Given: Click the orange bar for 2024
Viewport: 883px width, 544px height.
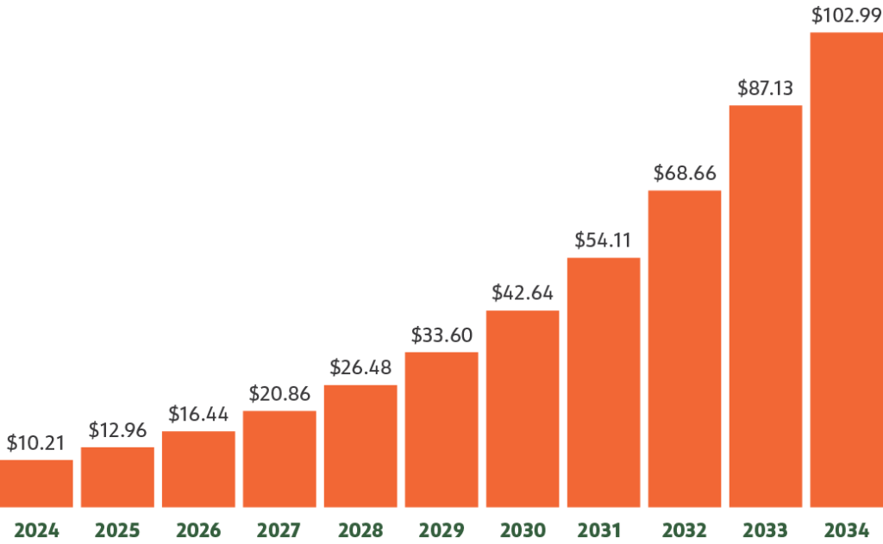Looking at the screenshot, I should (36, 484).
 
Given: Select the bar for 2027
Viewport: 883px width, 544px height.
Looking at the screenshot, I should (279, 460).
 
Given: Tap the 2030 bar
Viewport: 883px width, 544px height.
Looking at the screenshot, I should (523, 409).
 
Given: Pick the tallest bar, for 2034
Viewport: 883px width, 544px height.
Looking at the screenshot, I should (846, 270).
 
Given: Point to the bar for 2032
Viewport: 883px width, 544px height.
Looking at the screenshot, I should (685, 349).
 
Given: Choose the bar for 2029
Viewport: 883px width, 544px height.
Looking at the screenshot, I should (441, 429).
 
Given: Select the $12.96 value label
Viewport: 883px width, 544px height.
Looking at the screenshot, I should (117, 430).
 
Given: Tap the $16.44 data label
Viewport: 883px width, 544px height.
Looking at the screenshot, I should (198, 415).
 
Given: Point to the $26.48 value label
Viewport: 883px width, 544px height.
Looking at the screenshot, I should (360, 368).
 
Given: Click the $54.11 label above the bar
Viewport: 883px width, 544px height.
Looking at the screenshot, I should (604, 241).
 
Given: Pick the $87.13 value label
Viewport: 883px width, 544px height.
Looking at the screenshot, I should (766, 88).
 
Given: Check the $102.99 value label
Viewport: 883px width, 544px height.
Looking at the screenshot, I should (846, 16).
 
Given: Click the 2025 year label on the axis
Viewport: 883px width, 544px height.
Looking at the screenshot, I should (117, 529).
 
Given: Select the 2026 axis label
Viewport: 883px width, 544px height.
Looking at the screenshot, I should (198, 529).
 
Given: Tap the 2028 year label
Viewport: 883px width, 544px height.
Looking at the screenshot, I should (360, 529).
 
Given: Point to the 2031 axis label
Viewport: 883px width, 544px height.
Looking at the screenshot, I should (604, 529).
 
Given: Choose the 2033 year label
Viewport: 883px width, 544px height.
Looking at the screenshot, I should (766, 529).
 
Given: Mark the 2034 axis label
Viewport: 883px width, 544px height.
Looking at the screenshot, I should (846, 529).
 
